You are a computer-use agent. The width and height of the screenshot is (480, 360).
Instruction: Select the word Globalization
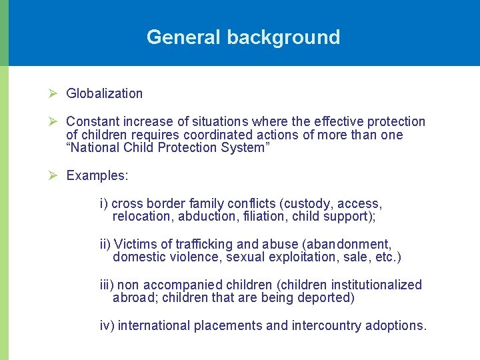[x=105, y=94]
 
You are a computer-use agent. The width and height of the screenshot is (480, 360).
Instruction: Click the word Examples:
[x=97, y=176]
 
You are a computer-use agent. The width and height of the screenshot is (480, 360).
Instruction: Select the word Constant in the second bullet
[x=91, y=121]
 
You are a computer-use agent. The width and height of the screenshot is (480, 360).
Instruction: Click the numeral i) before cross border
[x=104, y=203]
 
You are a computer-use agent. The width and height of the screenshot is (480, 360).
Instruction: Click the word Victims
[x=135, y=244]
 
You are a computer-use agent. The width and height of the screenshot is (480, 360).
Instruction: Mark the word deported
[x=326, y=298]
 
